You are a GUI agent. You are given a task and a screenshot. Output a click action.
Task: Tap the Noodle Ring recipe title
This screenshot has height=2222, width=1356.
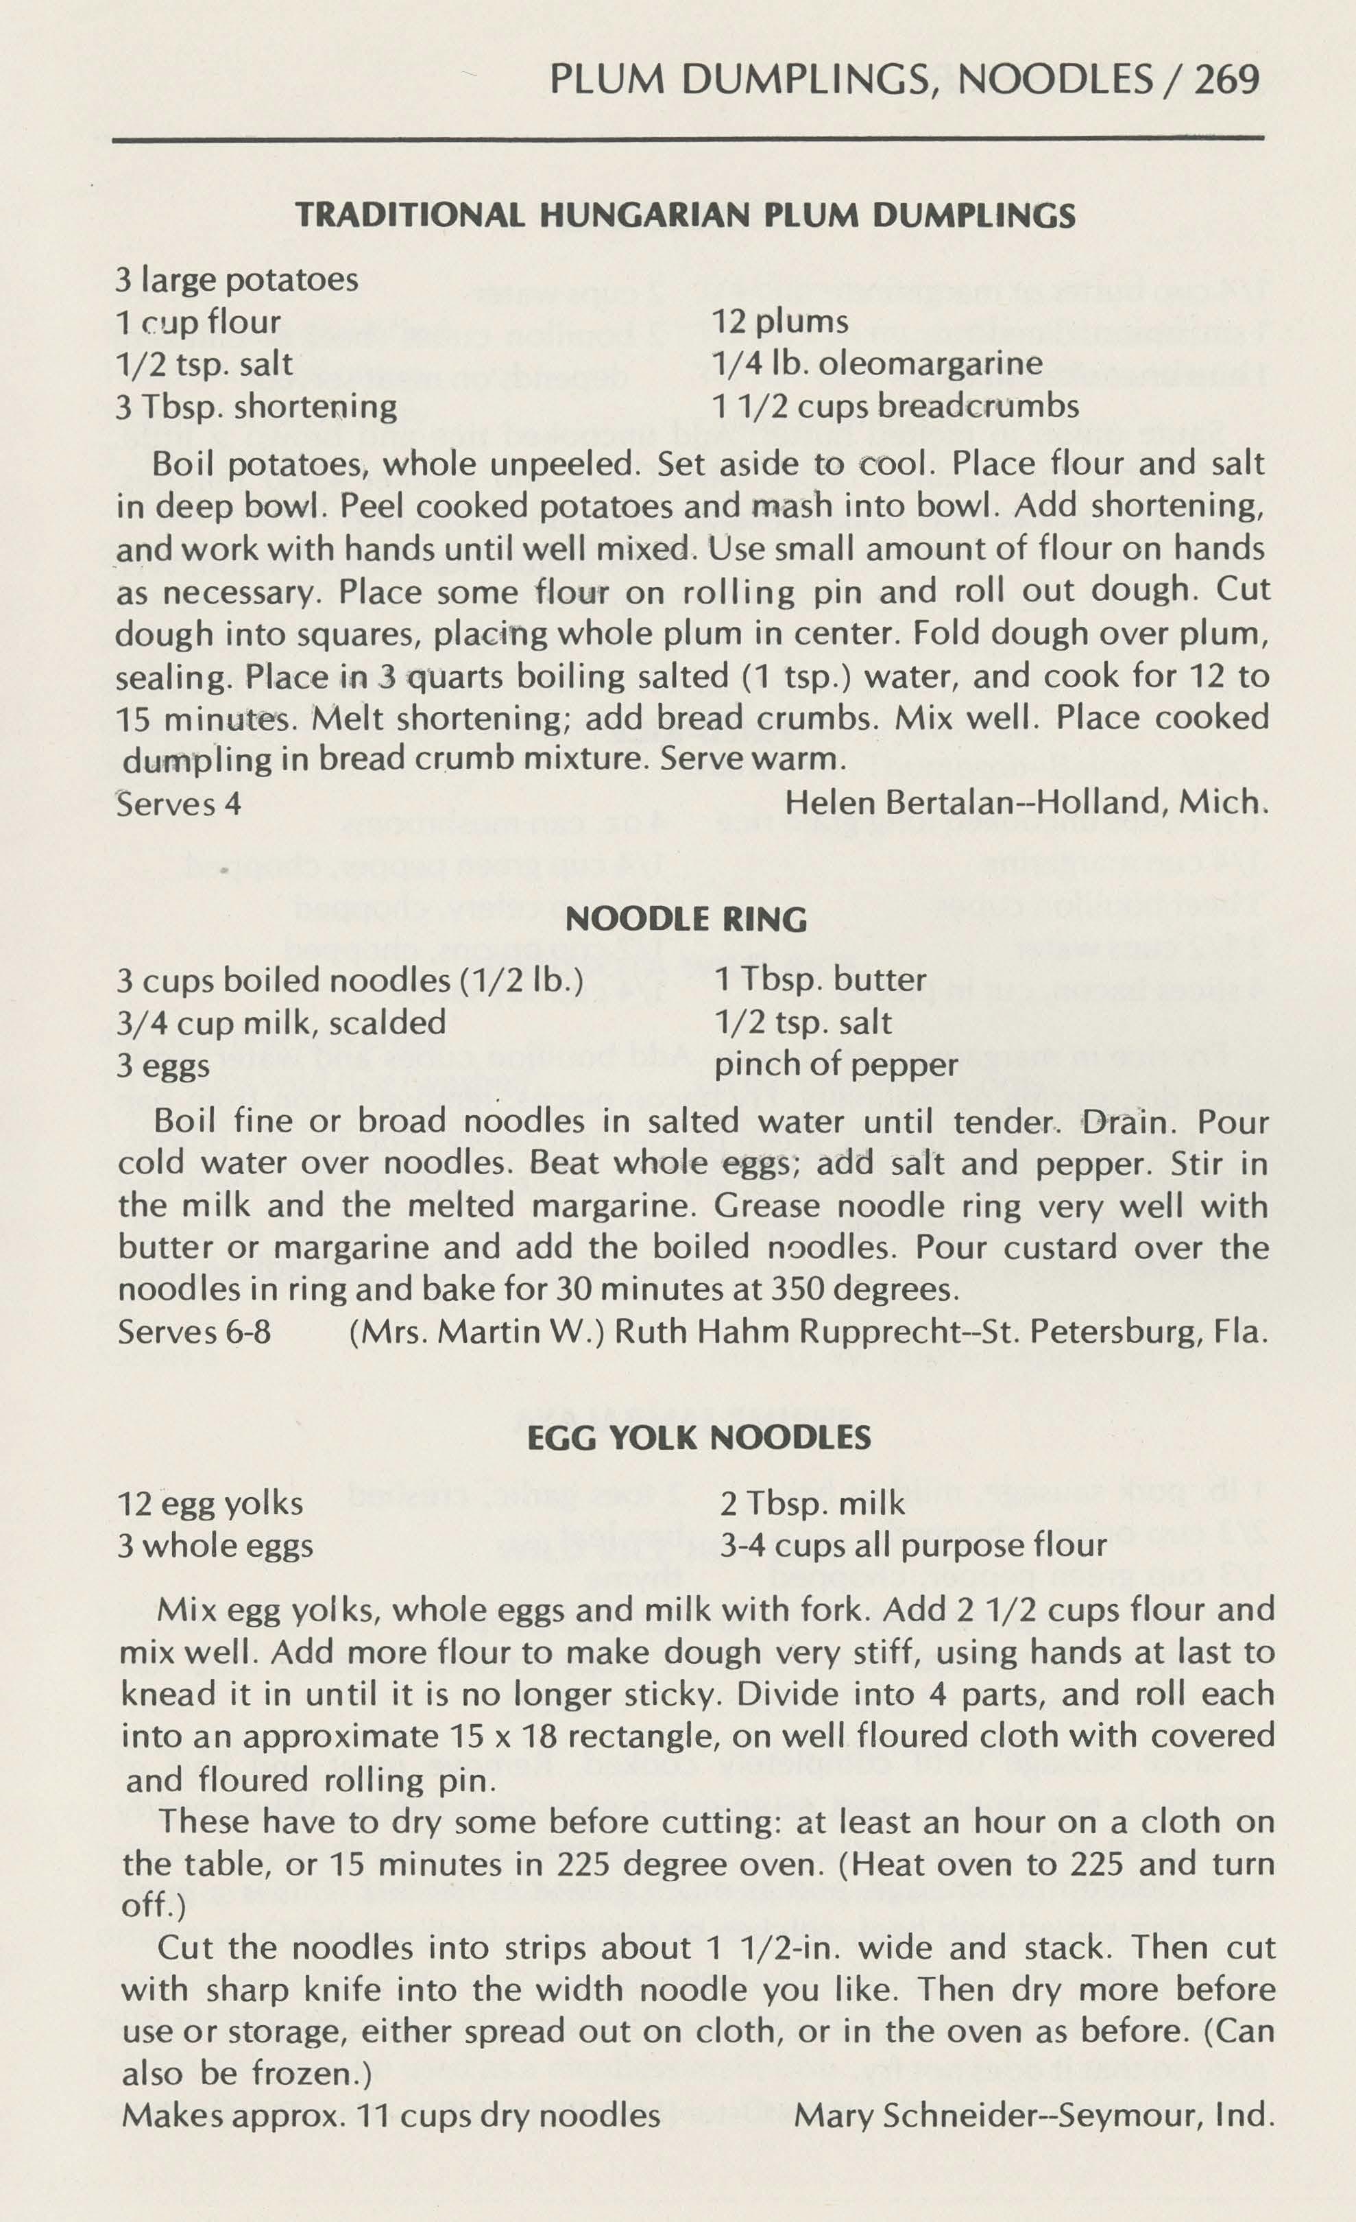coord(686,919)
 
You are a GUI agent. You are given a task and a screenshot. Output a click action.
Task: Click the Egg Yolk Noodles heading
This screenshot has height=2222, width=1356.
coord(699,1437)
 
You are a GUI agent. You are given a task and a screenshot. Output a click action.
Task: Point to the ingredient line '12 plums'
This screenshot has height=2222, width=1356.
coord(780,322)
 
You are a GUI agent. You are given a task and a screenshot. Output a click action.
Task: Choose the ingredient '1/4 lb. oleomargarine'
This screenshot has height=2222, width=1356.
coord(876,363)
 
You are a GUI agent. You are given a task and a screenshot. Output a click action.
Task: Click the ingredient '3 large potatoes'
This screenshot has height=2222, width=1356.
coord(237,280)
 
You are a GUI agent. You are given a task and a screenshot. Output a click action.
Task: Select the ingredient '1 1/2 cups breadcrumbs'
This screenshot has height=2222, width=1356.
coord(895,406)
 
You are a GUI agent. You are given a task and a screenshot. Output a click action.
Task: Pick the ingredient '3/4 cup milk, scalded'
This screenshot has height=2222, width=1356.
coord(281,1023)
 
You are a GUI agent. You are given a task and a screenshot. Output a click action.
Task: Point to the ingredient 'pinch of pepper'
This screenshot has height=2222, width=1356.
coord(836,1065)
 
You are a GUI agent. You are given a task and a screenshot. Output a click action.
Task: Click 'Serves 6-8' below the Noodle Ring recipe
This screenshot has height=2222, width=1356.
coord(194,1332)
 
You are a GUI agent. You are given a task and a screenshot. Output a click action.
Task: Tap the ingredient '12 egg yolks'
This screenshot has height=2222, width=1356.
coord(210,1503)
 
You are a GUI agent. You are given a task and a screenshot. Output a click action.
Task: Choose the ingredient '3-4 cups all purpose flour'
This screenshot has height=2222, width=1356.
coord(912,1546)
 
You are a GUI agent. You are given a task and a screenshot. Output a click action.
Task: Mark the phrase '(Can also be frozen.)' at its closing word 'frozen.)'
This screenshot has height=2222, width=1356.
coord(311,2073)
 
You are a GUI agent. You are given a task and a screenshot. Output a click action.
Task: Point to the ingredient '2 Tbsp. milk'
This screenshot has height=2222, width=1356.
coord(812,1503)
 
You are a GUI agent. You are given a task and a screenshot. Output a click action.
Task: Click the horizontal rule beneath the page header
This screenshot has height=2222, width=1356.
coord(688,139)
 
